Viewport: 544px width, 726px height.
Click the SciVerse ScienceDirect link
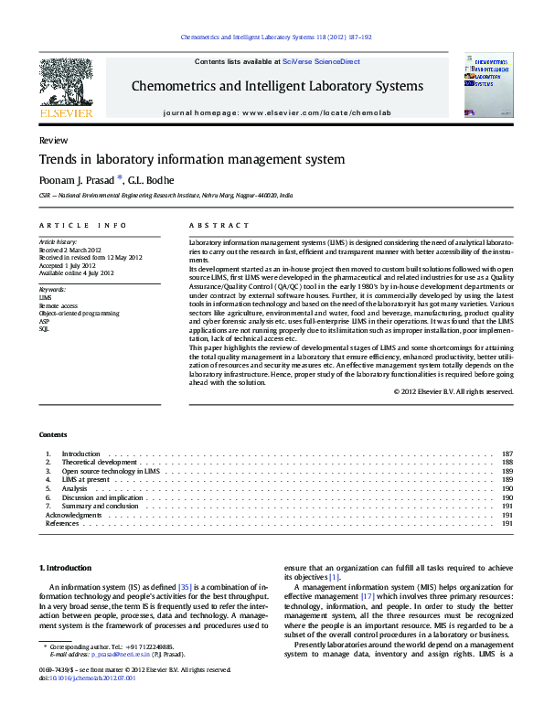[321, 62]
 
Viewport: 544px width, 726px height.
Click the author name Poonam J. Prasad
[75, 180]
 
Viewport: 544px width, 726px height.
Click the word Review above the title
[52, 141]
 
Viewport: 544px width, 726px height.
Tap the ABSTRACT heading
[219, 225]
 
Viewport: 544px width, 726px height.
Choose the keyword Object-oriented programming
[79, 313]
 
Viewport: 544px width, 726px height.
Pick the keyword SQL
[44, 328]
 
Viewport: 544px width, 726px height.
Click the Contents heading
[53, 433]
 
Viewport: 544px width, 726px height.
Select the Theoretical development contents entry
[99, 463]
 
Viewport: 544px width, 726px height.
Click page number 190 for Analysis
[507, 489]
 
